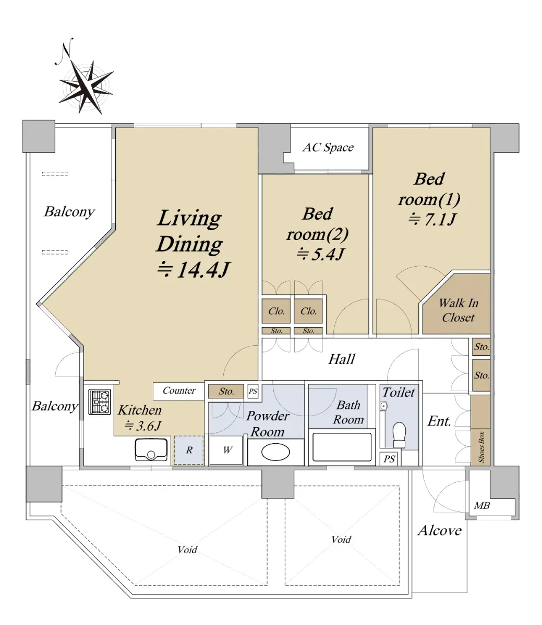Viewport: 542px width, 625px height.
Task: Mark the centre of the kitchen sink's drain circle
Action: tap(151, 454)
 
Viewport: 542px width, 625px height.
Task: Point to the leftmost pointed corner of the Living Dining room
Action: tap(37, 304)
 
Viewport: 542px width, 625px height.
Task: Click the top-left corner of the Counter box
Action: tap(153, 383)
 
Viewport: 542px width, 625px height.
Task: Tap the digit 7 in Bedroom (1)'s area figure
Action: tap(430, 219)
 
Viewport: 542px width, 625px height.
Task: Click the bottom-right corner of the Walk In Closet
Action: tap(490, 334)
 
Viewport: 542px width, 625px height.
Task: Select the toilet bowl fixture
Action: tap(399, 434)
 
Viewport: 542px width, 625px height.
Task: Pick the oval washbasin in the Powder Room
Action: tap(275, 452)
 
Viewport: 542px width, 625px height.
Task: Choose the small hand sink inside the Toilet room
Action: tap(383, 406)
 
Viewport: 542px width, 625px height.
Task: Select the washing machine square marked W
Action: tap(226, 450)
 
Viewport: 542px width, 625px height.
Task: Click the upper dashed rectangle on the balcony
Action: tap(55, 173)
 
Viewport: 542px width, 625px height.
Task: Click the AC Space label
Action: tap(328, 147)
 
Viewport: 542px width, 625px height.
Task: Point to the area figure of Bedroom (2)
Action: tap(320, 254)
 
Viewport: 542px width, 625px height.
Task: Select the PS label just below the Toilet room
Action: tap(389, 459)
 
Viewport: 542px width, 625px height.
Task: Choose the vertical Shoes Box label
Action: tap(481, 447)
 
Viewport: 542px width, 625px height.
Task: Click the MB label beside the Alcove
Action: tap(481, 505)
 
